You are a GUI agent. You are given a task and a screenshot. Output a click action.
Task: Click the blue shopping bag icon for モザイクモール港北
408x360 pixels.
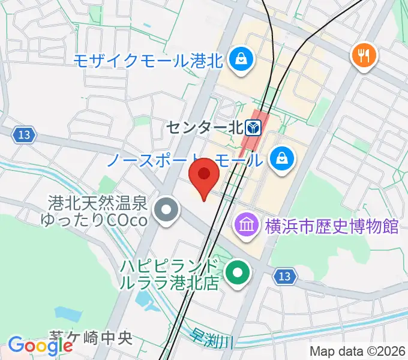click(x=241, y=59)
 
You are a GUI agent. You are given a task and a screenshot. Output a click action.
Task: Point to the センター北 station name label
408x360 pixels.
click(x=205, y=127)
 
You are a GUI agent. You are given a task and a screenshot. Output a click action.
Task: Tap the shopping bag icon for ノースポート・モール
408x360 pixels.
click(x=280, y=159)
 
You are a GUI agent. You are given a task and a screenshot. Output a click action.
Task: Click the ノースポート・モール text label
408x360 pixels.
click(x=185, y=160)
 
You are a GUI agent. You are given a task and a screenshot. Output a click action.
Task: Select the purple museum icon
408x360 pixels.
click(x=247, y=226)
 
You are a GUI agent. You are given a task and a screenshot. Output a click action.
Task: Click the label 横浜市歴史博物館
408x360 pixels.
click(x=331, y=227)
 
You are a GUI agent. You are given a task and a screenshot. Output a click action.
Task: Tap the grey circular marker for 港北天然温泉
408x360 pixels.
click(x=166, y=211)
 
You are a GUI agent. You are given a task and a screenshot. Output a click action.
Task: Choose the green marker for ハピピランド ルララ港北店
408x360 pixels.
click(x=238, y=274)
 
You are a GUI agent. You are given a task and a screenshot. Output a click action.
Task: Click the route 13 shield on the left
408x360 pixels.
click(x=23, y=134)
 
